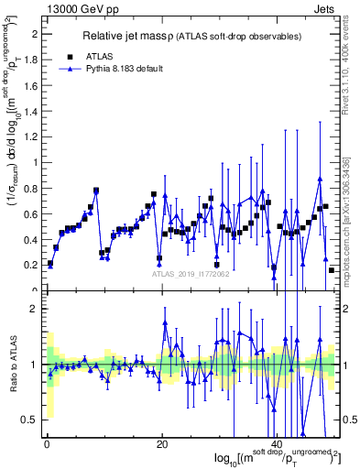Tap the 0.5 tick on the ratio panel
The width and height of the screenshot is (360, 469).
[x=32, y=420]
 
